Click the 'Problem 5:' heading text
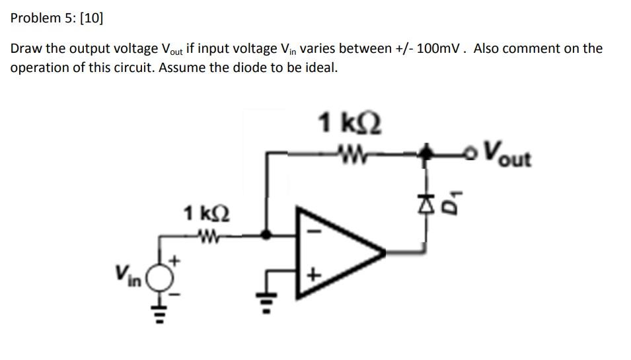[x=44, y=18]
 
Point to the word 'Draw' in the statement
[x=26, y=49]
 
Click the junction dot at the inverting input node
[x=266, y=234]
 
